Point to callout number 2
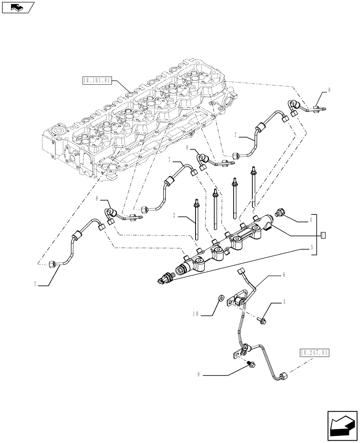[x=176, y=216]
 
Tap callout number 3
[x=284, y=303]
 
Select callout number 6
[x=284, y=275]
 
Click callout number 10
[x=196, y=314]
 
